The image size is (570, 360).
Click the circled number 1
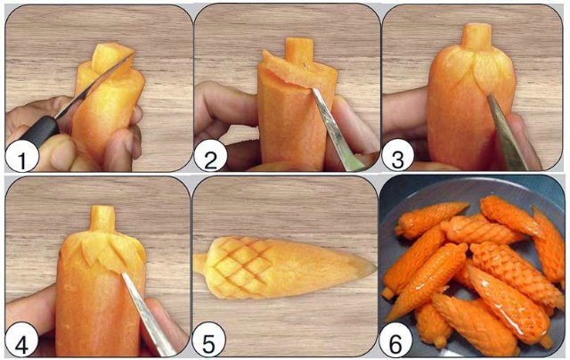pos(21,160)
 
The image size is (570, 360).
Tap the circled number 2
pos(211,160)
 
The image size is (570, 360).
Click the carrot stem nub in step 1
pos(105,56)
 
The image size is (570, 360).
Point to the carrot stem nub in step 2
pos(299,49)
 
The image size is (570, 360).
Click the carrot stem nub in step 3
pos(476,37)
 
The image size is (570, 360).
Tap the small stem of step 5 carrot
pos(199,264)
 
